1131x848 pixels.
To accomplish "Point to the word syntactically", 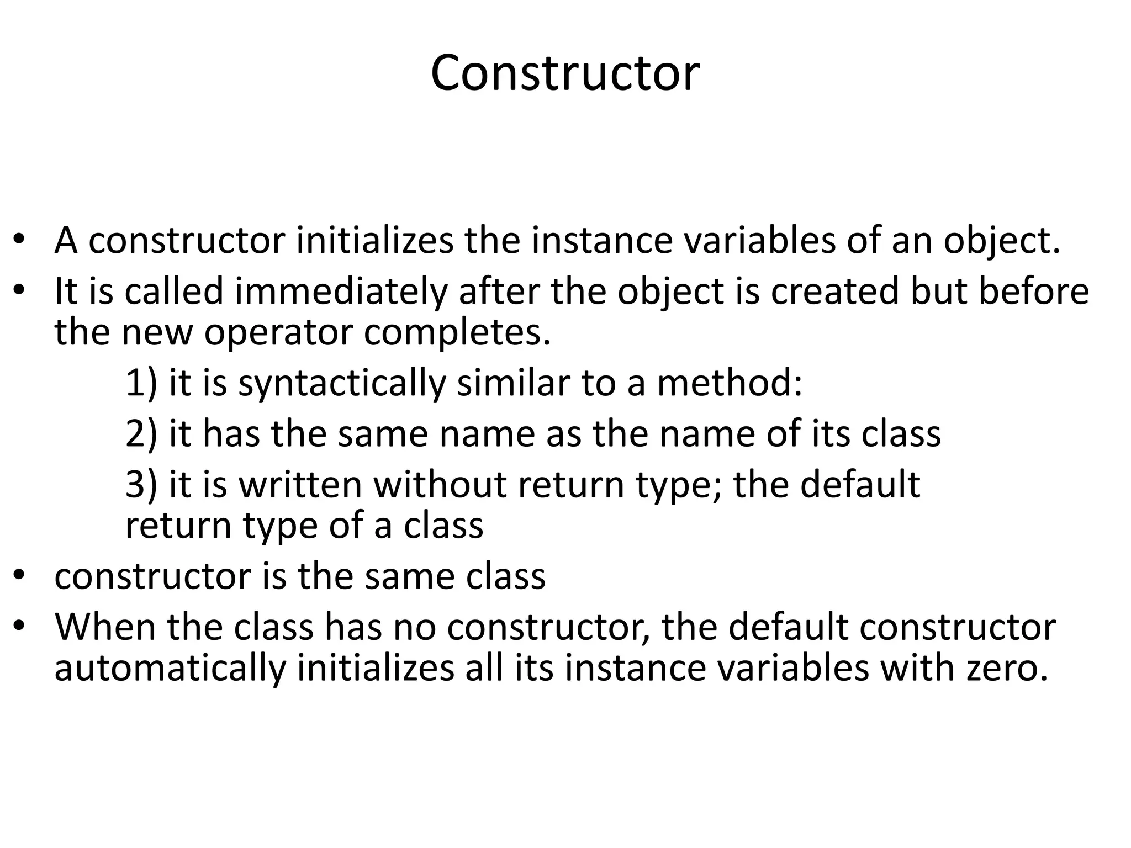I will (341, 383).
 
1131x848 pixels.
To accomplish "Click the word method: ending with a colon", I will (729, 382).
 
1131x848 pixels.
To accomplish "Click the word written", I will (300, 485).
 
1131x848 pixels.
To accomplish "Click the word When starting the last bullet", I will (105, 627).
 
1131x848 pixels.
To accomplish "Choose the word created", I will (834, 291).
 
